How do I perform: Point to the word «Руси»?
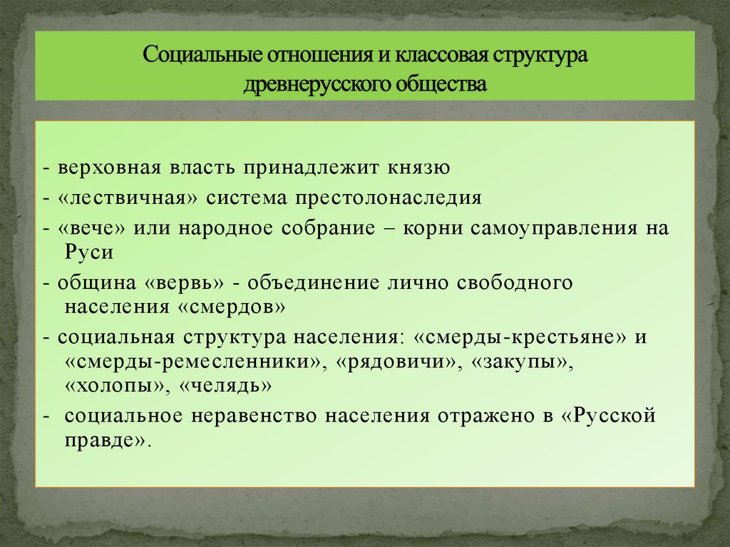[89, 252]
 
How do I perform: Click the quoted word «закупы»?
[520, 362]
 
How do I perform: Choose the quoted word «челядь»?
[226, 387]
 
